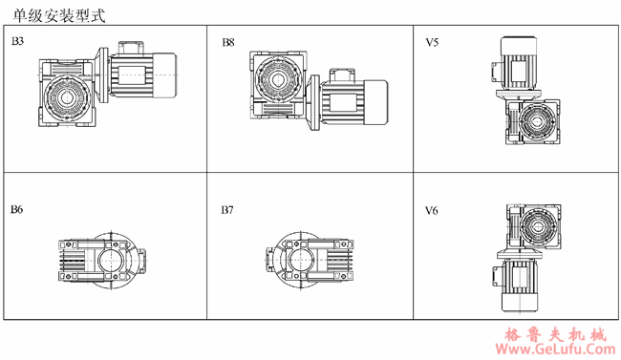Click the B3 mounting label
point(17,41)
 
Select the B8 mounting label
point(228,42)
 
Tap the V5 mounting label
point(432,42)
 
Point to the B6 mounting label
point(16,209)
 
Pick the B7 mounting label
point(227,210)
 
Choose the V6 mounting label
point(432,211)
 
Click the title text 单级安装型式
point(59,15)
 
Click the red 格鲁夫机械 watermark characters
point(556,335)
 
